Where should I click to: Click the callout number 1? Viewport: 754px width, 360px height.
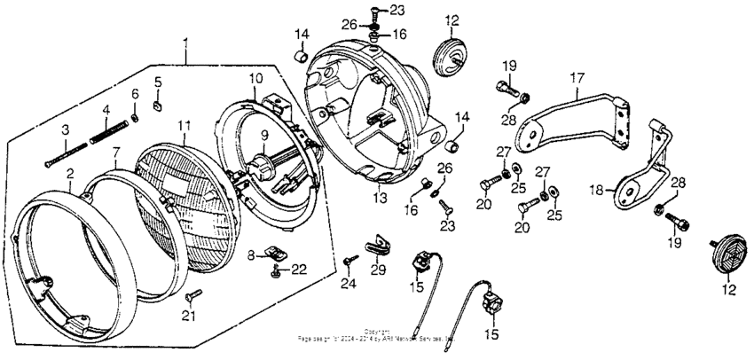coord(185,43)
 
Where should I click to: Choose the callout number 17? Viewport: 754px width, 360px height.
coord(577,79)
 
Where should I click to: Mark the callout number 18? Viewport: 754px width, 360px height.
coord(596,189)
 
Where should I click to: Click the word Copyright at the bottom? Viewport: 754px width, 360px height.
coord(377,332)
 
